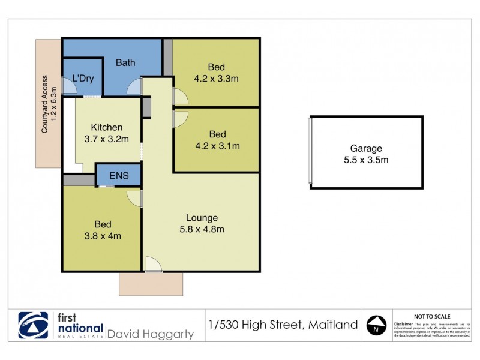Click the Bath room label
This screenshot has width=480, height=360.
[125, 62]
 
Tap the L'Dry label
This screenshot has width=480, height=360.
[82, 78]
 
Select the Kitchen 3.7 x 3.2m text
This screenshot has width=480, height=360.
[107, 133]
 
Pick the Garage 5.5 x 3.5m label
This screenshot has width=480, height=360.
[366, 154]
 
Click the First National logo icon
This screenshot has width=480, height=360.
[34, 326]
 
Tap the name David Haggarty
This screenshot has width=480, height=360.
[150, 334]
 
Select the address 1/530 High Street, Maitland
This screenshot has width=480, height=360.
[283, 325]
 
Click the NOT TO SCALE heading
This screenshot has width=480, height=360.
[433, 316]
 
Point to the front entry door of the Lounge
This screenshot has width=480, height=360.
[154, 264]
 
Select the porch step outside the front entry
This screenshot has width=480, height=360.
[151, 284]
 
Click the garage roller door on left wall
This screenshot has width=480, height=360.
[310, 152]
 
